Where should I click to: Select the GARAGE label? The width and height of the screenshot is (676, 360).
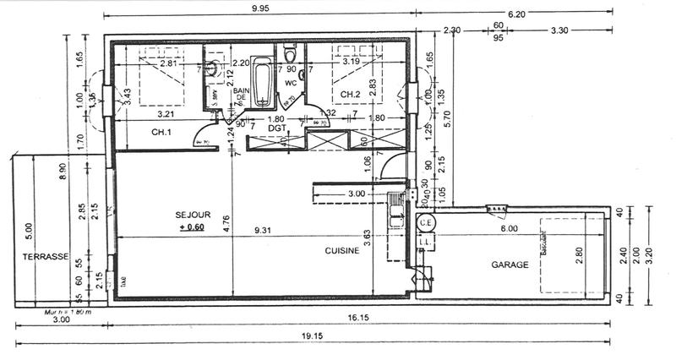(x=510, y=265)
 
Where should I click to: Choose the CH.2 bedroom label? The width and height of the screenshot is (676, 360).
(x=352, y=93)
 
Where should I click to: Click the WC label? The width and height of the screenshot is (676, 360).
(x=291, y=84)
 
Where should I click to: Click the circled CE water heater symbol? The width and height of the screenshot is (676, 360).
(x=426, y=222)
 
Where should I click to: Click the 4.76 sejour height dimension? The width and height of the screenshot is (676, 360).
(x=226, y=224)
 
